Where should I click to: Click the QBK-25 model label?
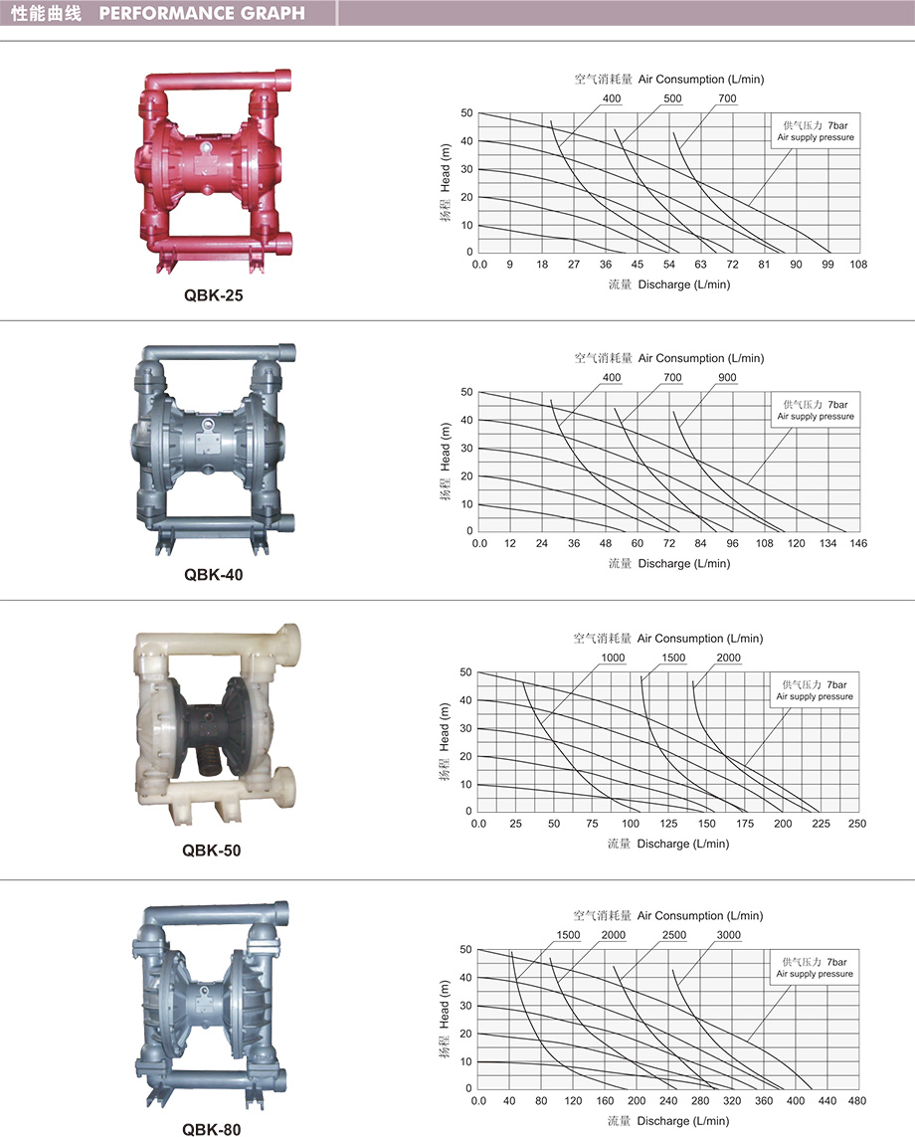pos(213,295)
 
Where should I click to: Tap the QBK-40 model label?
pos(213,574)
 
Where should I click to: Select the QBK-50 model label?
pos(212,850)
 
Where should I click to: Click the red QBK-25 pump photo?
pos(213,171)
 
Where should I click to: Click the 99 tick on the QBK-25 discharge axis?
pos(828,265)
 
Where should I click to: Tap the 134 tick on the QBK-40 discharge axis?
pos(828,543)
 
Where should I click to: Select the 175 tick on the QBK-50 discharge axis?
pos(745,824)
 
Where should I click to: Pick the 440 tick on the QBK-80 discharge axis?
pos(827,1101)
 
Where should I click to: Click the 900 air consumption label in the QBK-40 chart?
pos(727,378)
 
